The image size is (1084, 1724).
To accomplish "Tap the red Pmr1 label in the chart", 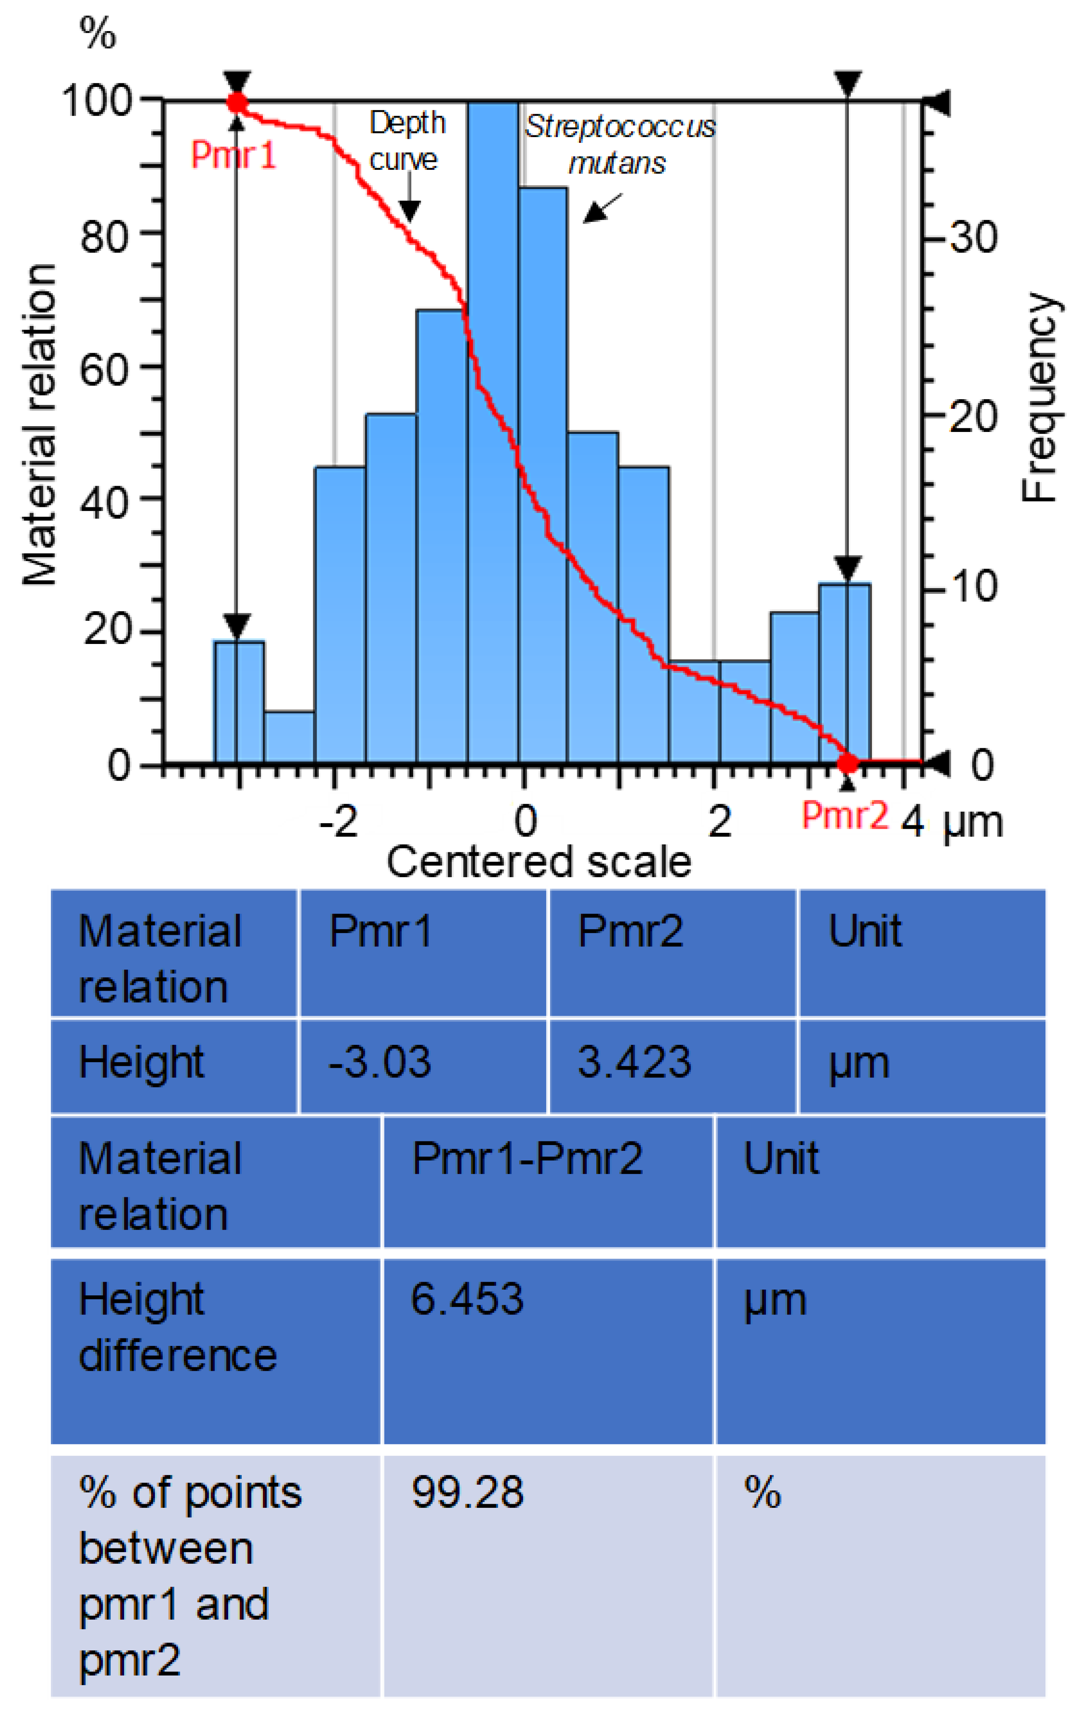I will pos(234,154).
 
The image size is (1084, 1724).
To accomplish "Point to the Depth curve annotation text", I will pos(407,141).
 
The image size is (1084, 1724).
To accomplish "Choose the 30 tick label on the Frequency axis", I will pos(974,236).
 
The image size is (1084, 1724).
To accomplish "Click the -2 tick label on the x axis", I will pos(338,821).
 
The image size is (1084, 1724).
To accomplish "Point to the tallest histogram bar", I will pos(493,429).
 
